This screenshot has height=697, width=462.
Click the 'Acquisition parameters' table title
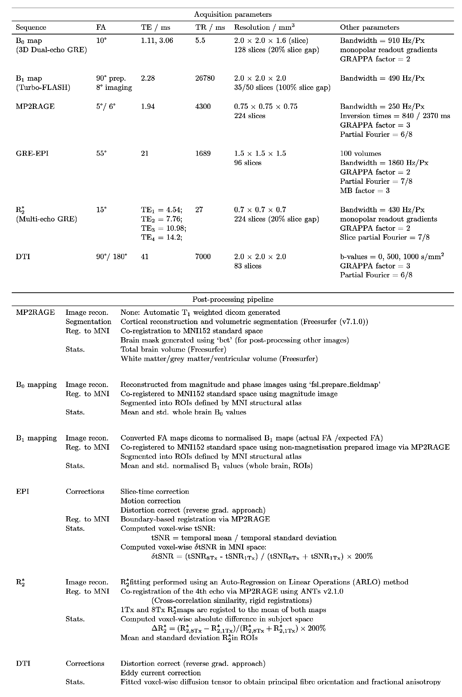233,14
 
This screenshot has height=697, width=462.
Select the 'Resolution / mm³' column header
264,27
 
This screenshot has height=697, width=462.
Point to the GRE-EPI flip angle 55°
101,153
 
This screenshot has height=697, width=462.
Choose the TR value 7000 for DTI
203,257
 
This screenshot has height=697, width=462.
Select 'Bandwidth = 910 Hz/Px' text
382,40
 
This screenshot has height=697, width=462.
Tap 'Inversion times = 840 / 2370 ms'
395,116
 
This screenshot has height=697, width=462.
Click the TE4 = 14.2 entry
162,237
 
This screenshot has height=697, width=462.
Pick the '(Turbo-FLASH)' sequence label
43,88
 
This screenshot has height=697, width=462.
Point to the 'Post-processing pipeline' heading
233,299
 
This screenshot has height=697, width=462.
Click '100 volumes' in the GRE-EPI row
360,153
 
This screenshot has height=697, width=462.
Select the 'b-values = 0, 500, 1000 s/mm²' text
392,257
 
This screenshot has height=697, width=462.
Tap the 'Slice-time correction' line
155,491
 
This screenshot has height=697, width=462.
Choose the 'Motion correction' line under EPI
150,501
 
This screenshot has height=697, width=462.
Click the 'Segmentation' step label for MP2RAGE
89,322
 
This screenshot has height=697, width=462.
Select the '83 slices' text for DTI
248,266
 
